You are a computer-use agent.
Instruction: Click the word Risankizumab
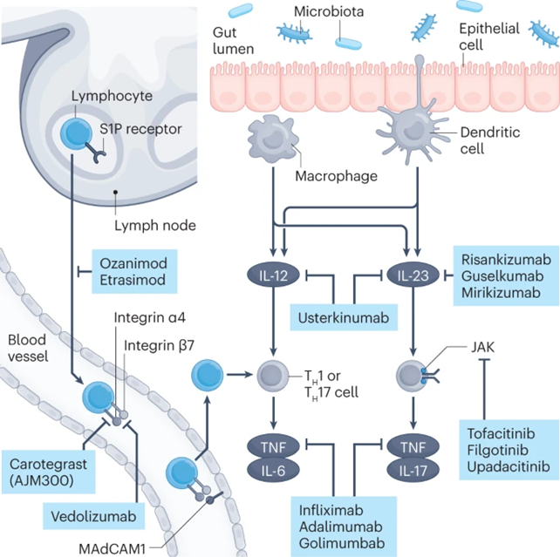pos(503,259)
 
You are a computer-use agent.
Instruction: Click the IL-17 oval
pos(413,471)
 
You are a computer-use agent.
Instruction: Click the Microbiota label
pos(329,13)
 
